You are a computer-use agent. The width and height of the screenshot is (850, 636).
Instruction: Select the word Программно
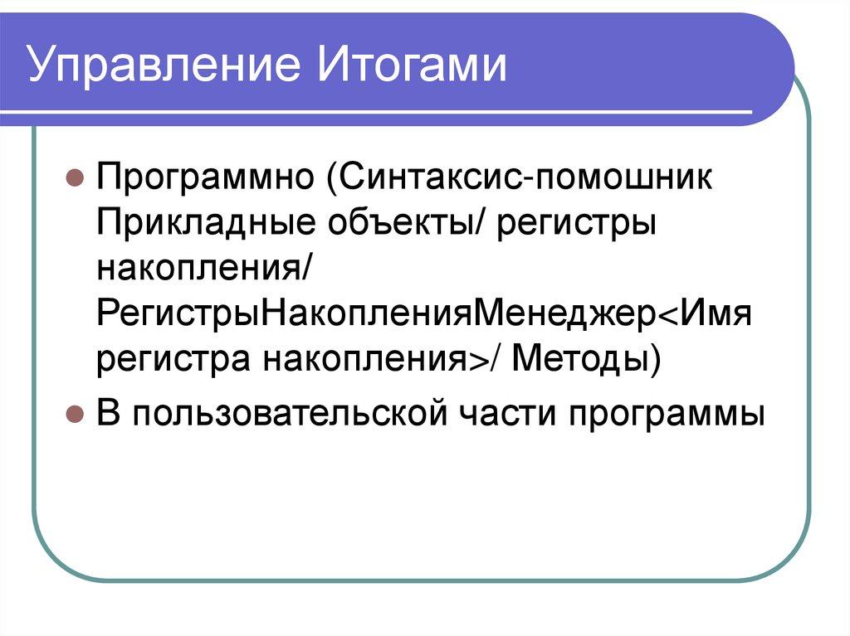click(208, 179)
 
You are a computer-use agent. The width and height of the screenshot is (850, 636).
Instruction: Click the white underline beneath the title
click(390, 112)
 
